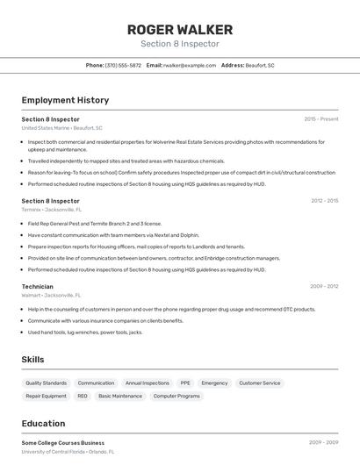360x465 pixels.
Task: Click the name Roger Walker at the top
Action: [x=180, y=29]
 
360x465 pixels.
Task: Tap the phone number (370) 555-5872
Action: [x=123, y=65]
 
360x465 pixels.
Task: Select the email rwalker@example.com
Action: [x=189, y=65]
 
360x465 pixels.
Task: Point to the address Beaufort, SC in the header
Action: [x=259, y=65]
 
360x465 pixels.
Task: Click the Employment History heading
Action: [x=65, y=100]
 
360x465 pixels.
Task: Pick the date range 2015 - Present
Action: [x=320, y=118]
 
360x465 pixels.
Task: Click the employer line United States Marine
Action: [x=61, y=128]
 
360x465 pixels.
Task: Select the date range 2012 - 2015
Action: [x=324, y=201]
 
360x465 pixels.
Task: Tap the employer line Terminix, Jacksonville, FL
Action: [x=51, y=211]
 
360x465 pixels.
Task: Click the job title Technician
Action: [x=37, y=286]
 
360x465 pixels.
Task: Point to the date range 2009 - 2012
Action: [x=324, y=286]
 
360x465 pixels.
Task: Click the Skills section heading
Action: [x=32, y=360]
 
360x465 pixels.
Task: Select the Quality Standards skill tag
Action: [x=46, y=383]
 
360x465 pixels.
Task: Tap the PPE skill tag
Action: [x=185, y=383]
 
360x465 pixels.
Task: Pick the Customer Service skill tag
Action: [x=260, y=383]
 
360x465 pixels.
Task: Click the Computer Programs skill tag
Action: [x=176, y=397]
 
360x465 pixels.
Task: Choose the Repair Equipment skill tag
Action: [x=46, y=397]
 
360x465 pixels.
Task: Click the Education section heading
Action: [x=43, y=424]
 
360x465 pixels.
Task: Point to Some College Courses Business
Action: [x=62, y=443]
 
